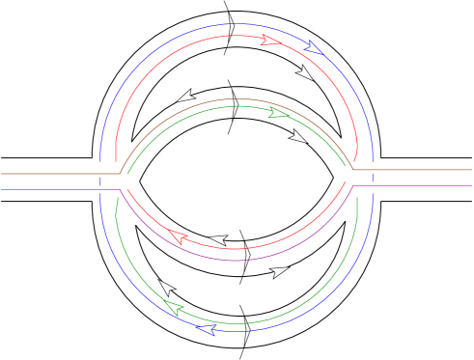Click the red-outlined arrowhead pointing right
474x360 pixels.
pos(270,41)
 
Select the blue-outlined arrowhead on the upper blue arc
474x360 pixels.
pos(313,46)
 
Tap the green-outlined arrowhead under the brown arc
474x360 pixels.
pos(278,113)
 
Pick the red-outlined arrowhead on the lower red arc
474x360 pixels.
pos(177,235)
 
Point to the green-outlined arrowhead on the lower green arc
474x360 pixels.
pos(174,308)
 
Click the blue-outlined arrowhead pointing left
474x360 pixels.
pos(206,330)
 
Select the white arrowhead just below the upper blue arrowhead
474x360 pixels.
pos(305,73)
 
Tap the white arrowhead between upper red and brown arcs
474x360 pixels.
pos(185,96)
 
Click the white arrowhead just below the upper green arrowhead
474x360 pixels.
pos(298,137)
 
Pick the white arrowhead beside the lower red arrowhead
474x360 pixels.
pos(219,239)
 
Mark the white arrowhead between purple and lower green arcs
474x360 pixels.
pos(280,272)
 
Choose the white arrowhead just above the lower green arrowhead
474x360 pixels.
pos(167,288)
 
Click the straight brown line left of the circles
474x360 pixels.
pos(58,174)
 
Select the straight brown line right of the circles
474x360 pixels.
pos(415,171)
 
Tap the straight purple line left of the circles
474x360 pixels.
pos(58,189)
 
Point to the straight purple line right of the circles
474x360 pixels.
pos(415,186)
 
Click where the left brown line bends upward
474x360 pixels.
pos(119,173)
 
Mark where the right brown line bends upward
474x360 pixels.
pos(351,171)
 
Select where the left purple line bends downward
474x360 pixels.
pos(120,189)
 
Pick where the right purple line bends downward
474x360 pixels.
pos(351,186)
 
